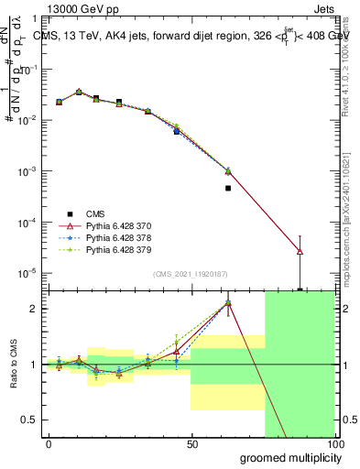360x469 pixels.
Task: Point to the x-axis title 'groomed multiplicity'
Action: pyautogui.click(x=286, y=457)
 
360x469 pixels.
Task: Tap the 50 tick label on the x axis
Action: pyautogui.click(x=191, y=444)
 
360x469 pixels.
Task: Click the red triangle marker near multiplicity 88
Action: pyautogui.click(x=300, y=251)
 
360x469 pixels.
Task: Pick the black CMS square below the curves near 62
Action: pyautogui.click(x=227, y=188)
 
